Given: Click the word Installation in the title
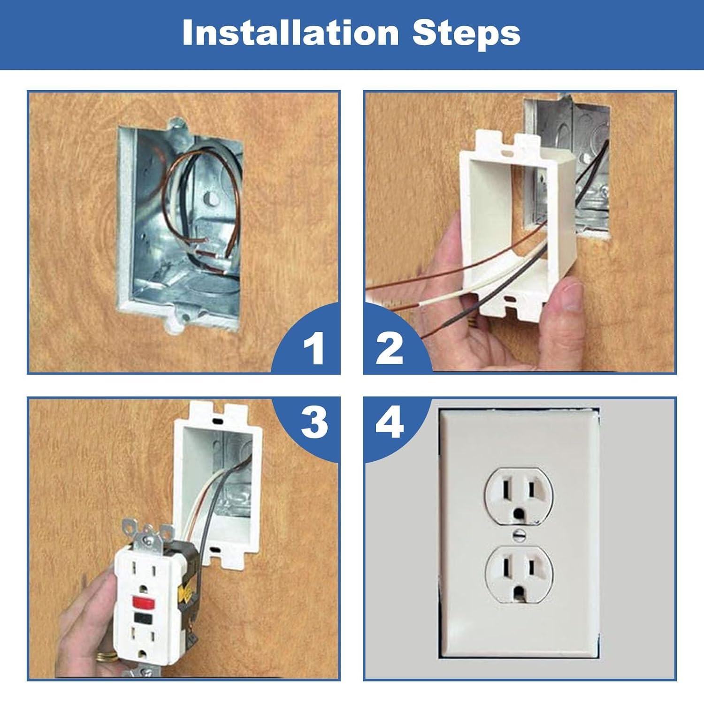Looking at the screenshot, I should [x=290, y=33].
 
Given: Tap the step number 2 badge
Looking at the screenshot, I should [x=390, y=348].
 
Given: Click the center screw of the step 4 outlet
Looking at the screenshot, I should [x=519, y=534].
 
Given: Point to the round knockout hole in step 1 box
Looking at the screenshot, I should [x=213, y=199].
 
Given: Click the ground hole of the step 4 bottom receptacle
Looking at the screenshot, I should [x=519, y=593].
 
